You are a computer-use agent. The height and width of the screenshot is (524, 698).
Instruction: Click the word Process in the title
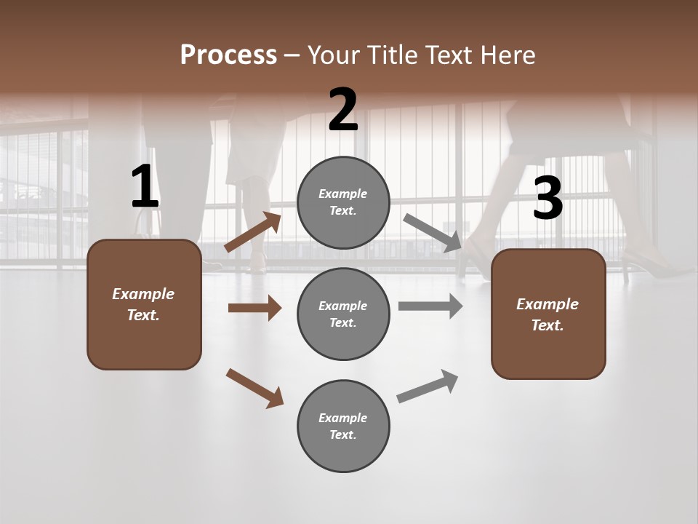click(x=228, y=55)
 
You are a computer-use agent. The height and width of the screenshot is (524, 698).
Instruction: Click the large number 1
click(x=145, y=187)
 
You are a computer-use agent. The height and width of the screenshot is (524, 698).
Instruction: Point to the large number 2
click(x=343, y=110)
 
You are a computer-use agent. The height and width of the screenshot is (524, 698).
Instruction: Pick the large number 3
click(x=547, y=199)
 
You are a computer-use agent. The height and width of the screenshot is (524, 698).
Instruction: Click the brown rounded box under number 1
click(x=144, y=304)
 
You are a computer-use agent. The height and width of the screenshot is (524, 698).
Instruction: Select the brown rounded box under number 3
click(x=548, y=314)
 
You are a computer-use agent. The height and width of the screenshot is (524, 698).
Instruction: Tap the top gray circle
click(x=343, y=202)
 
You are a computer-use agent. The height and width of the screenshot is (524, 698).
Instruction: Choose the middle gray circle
click(x=343, y=314)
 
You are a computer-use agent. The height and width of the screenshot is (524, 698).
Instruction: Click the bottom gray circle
click(x=343, y=426)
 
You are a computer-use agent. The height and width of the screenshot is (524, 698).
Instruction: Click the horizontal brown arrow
click(x=254, y=308)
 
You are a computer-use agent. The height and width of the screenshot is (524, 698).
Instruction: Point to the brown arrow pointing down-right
click(x=254, y=388)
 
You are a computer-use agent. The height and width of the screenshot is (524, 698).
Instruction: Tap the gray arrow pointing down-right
click(x=433, y=233)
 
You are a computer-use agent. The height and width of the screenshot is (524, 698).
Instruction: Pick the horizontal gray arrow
click(x=430, y=306)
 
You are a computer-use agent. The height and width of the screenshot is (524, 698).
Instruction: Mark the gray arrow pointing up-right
click(x=428, y=386)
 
